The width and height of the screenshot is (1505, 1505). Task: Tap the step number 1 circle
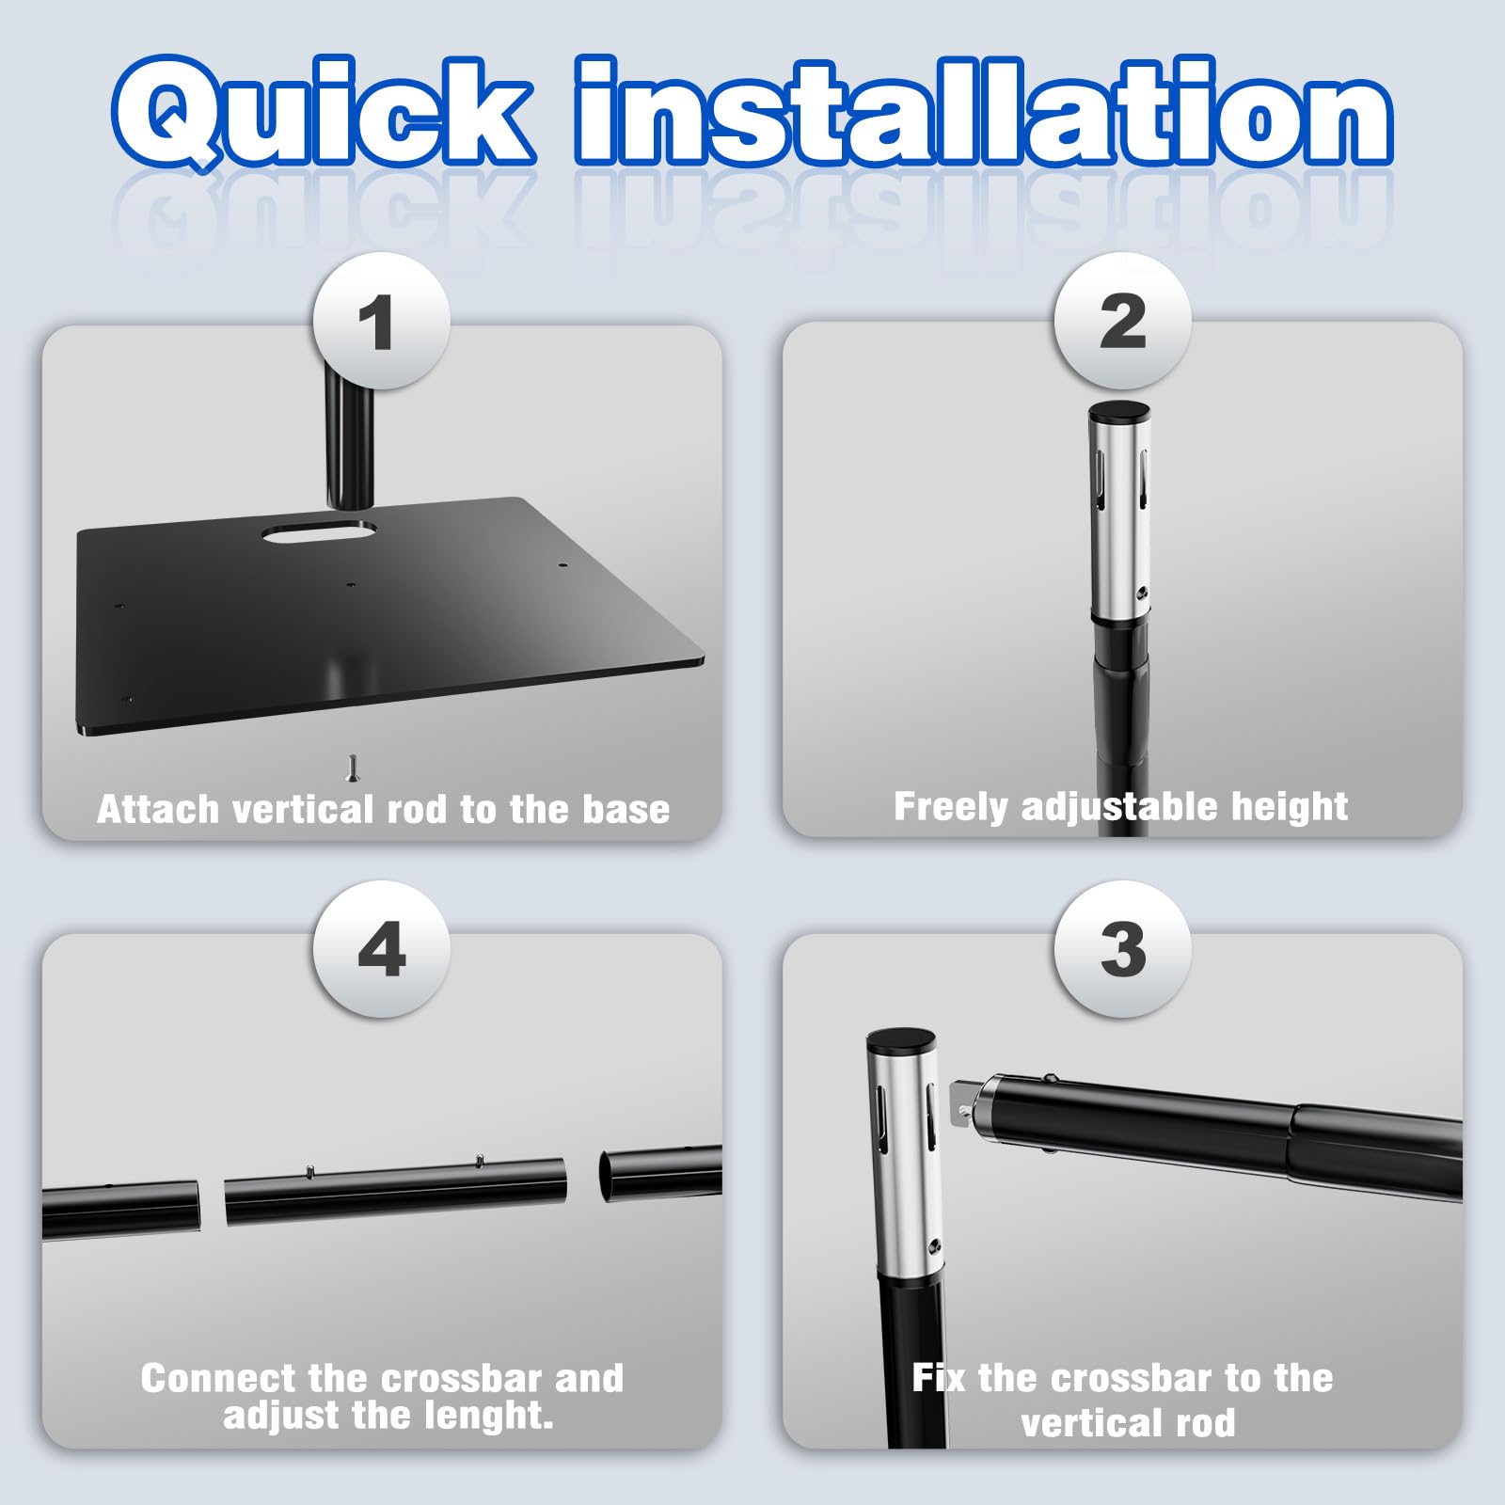tap(381, 321)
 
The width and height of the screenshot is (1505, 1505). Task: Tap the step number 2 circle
tap(1122, 321)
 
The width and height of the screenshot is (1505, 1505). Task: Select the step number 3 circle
tap(1122, 948)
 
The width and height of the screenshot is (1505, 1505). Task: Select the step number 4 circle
tap(381, 948)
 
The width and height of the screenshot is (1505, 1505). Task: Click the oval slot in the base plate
tap(319, 532)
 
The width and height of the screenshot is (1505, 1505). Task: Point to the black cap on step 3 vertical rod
tap(900, 1040)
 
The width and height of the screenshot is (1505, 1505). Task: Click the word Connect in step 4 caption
tap(218, 1378)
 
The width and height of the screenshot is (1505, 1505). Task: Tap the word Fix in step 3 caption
tap(939, 1378)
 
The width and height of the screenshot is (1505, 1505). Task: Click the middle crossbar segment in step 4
tap(396, 1190)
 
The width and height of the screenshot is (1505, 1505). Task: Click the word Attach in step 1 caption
tap(157, 809)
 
